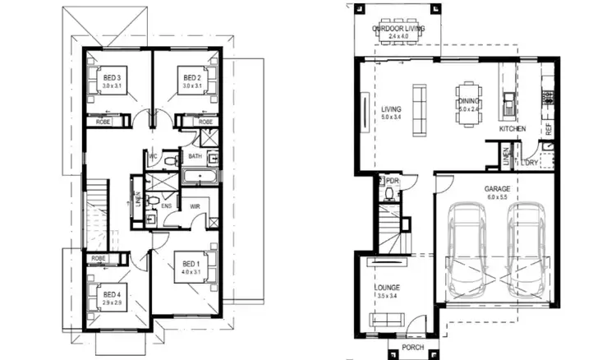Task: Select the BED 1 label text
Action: tap(191, 265)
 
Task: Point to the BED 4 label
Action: tap(110, 294)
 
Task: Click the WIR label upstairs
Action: tap(195, 206)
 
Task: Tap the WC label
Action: tap(153, 155)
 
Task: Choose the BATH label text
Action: tap(195, 155)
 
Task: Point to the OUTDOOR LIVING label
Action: tap(396, 28)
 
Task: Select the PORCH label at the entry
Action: tap(412, 348)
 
